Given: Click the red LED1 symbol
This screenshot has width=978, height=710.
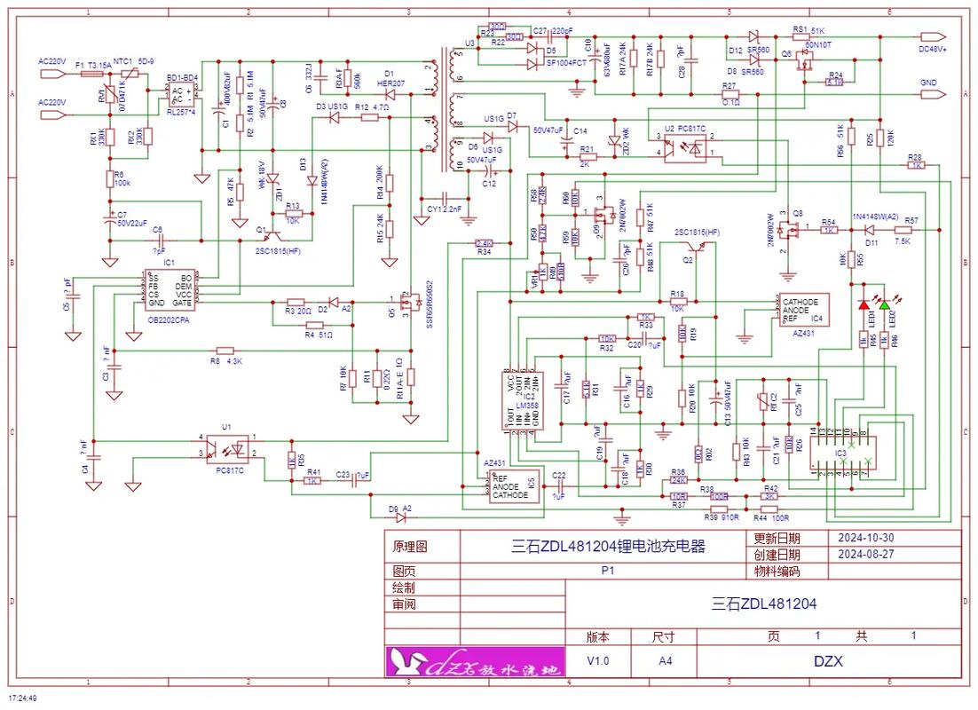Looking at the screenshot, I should point(864,305).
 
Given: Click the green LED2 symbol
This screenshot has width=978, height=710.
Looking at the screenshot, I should point(884,305).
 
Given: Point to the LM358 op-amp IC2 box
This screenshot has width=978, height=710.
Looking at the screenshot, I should point(523,402).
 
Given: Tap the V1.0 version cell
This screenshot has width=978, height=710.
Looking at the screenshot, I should point(598,661).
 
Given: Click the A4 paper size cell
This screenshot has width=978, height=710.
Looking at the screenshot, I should point(665,661).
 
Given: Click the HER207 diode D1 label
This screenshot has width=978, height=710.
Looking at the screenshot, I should point(390,83).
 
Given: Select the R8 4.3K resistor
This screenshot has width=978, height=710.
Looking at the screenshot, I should point(225,351).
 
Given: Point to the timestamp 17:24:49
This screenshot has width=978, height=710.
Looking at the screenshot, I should point(23,698).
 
